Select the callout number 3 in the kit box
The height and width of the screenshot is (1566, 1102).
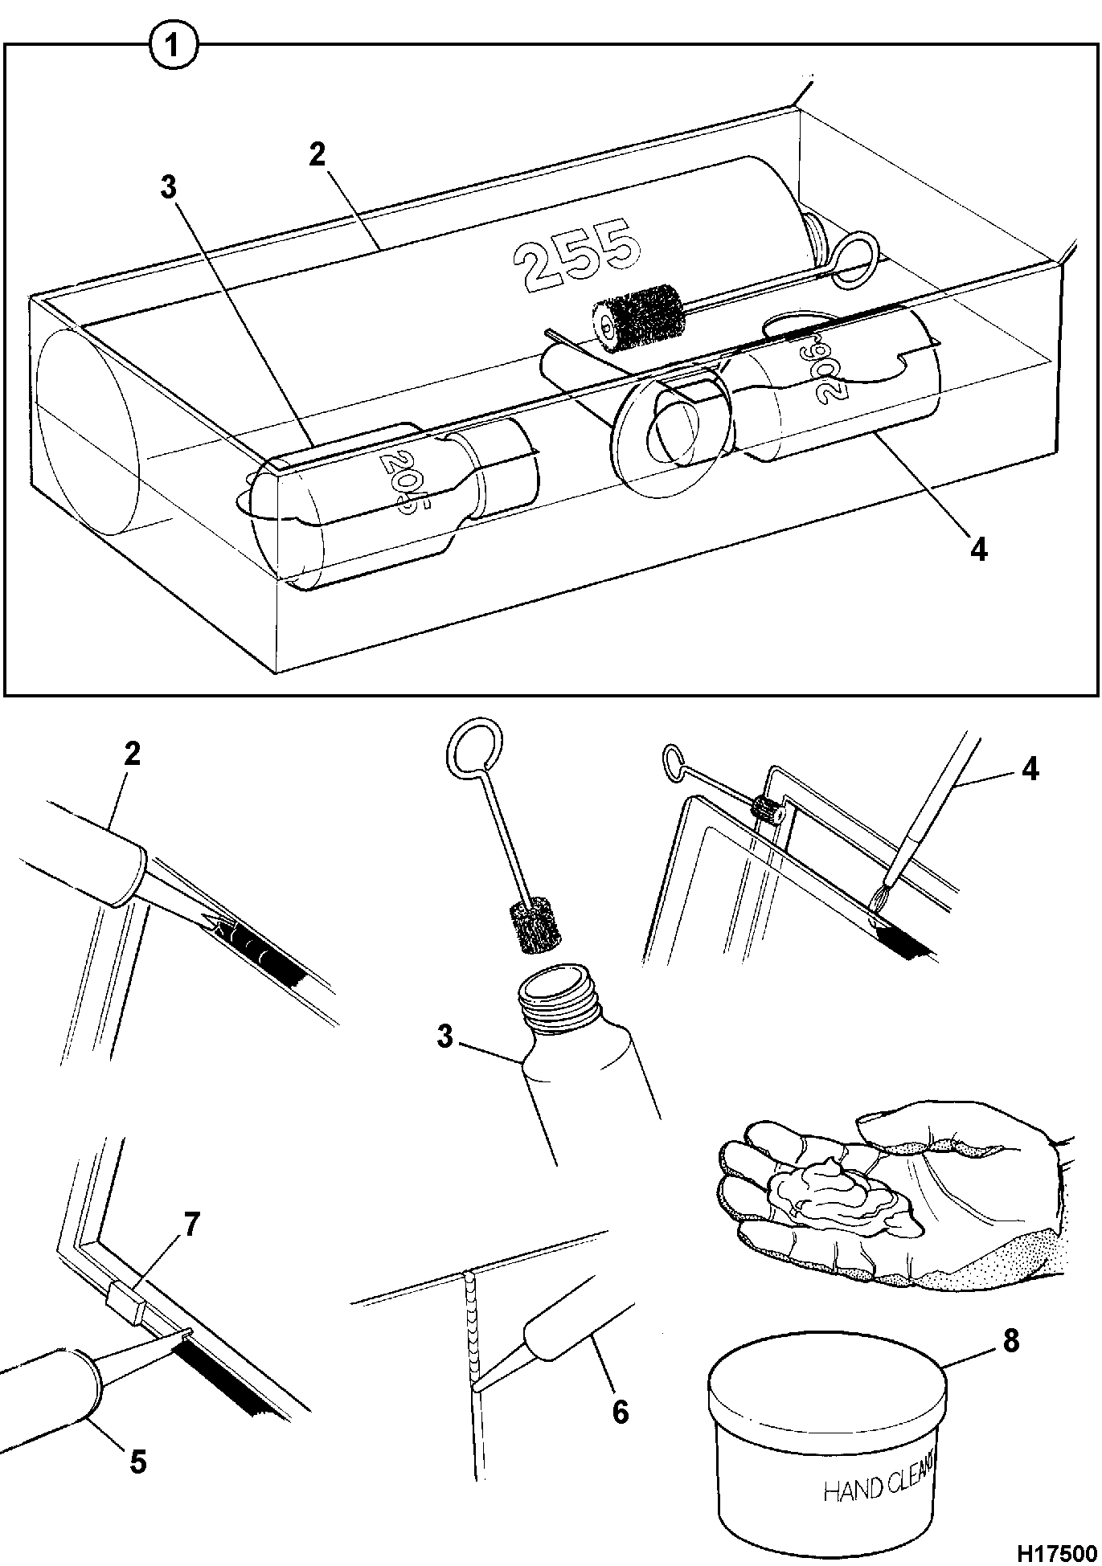click(x=168, y=188)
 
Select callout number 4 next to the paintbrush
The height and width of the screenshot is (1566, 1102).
click(x=1029, y=769)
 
